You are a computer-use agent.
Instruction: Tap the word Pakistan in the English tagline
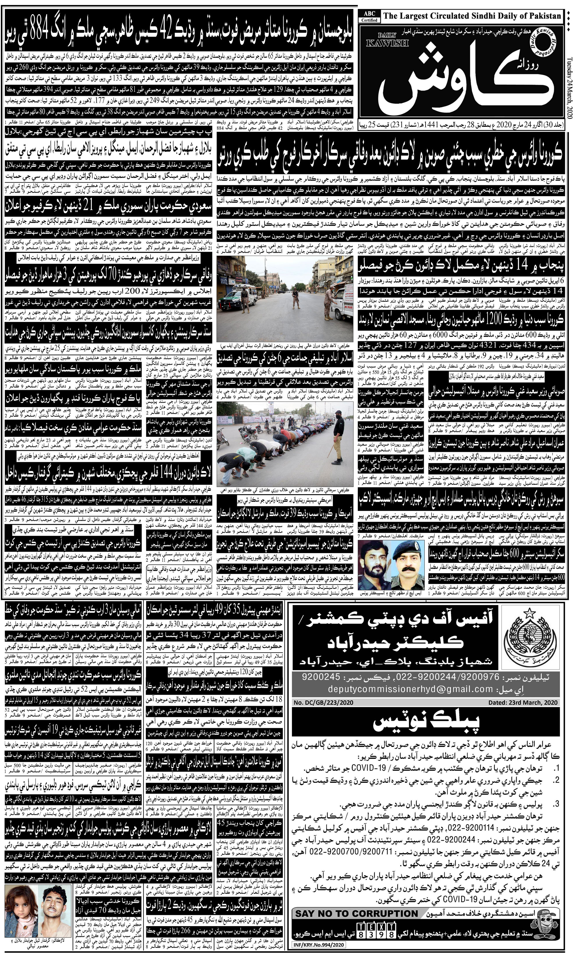tap(542, 16)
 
